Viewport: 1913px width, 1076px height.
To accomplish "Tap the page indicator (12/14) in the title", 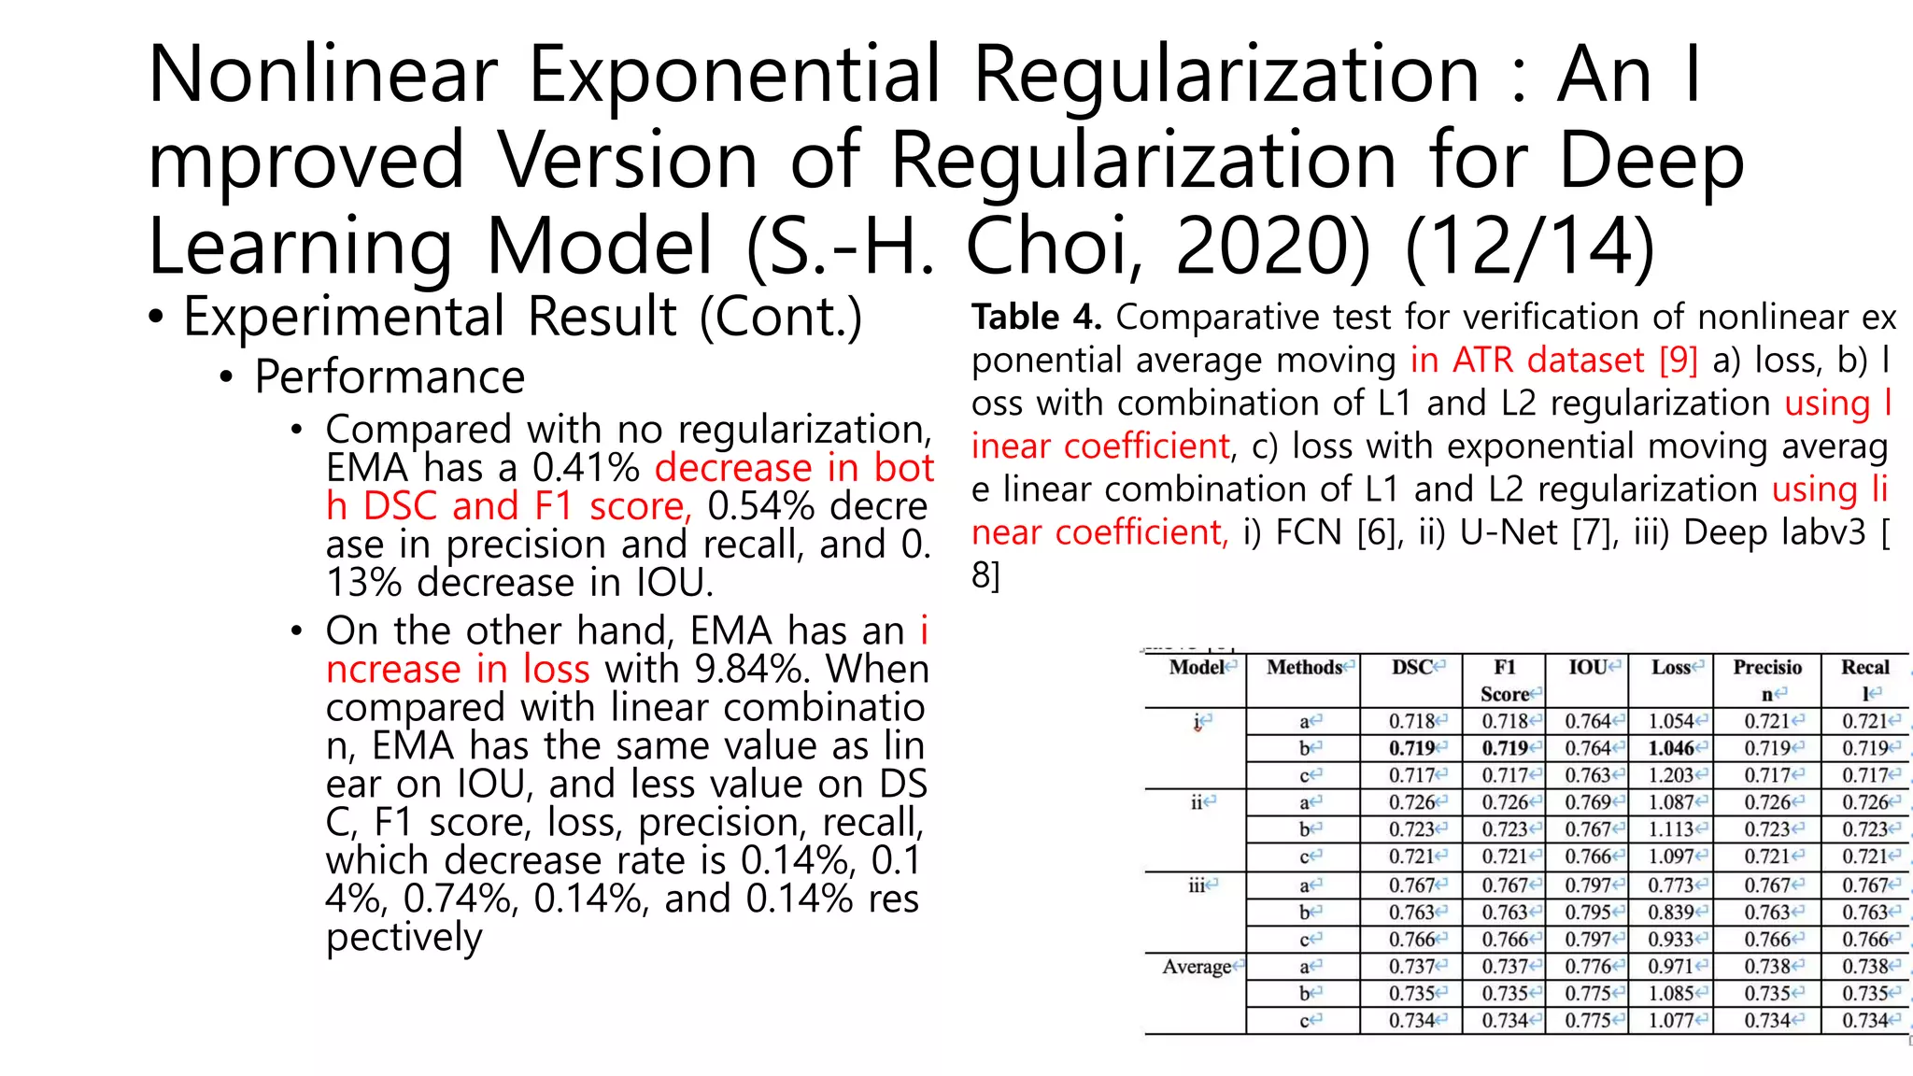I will (x=1530, y=248).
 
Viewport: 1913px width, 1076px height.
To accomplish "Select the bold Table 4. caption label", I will (x=1036, y=318).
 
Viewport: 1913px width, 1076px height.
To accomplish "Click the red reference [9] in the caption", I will (x=1678, y=361).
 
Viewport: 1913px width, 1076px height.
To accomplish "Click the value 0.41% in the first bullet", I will (x=586, y=467).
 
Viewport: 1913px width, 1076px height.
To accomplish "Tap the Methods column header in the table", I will (x=1304, y=668).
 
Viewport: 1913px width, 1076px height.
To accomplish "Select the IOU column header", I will (x=1587, y=668).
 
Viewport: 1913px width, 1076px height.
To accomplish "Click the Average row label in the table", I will (x=1197, y=967).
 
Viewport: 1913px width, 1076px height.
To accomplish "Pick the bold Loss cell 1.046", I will (x=1671, y=748).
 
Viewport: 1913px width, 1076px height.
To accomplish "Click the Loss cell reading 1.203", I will (x=1671, y=775).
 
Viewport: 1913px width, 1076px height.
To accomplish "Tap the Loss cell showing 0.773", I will (x=1671, y=885).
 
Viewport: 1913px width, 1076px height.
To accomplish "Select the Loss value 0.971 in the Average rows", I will (x=1671, y=967).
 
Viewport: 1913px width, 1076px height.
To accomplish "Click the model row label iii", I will (x=1197, y=885).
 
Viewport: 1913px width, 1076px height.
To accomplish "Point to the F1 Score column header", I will (x=1504, y=680).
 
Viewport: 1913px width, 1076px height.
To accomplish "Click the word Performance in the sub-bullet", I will (x=390, y=377).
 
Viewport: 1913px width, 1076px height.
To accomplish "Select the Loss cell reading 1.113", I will (x=1671, y=829).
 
